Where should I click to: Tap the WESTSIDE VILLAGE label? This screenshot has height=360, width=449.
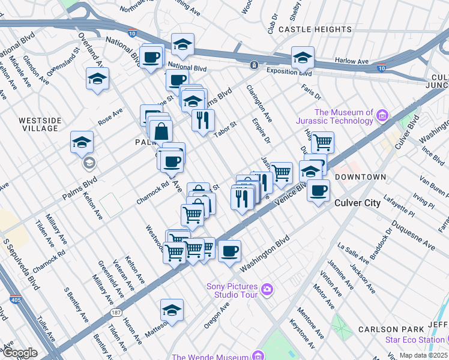(x=40, y=125)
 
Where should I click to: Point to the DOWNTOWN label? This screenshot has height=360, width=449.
(x=360, y=177)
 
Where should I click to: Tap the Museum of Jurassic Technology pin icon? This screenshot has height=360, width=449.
(x=382, y=114)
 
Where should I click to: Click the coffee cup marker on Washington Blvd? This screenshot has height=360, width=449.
(x=229, y=252)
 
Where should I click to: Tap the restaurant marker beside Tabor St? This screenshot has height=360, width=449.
(x=203, y=119)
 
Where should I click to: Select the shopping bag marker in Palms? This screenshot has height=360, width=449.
(x=161, y=131)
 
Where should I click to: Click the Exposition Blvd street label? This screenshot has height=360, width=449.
(x=291, y=73)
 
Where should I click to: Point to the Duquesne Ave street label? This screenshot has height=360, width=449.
(x=413, y=235)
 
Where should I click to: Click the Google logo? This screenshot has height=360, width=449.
(x=20, y=352)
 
